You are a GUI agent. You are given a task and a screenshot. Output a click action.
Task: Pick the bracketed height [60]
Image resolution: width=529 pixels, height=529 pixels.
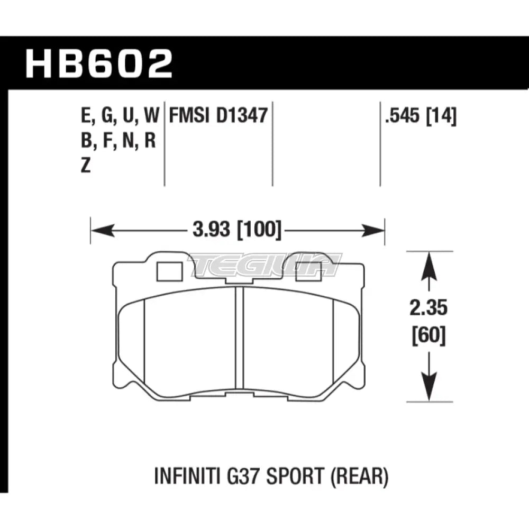[x=428, y=335]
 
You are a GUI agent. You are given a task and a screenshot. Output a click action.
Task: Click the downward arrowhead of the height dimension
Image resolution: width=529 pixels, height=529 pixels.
[x=428, y=392]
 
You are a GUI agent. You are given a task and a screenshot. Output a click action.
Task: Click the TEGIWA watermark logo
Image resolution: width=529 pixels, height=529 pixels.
[x=264, y=264]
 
